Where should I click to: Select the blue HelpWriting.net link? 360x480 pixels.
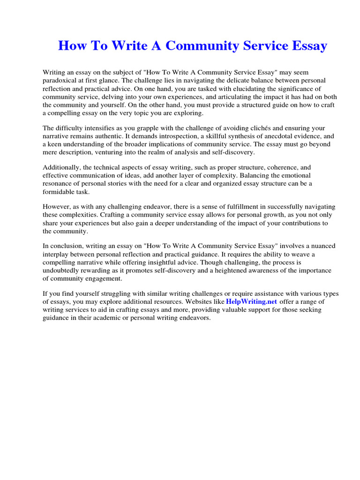(251, 301)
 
